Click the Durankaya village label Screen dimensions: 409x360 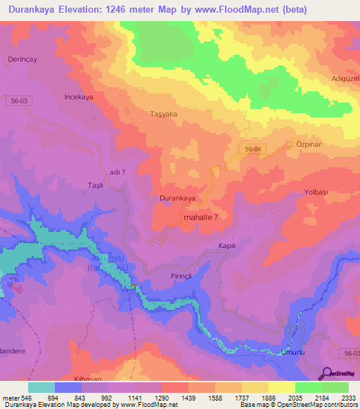(177, 198)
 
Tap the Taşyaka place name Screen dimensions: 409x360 (162, 114)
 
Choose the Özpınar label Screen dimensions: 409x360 (304, 143)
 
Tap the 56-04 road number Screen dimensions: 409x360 (253, 150)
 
